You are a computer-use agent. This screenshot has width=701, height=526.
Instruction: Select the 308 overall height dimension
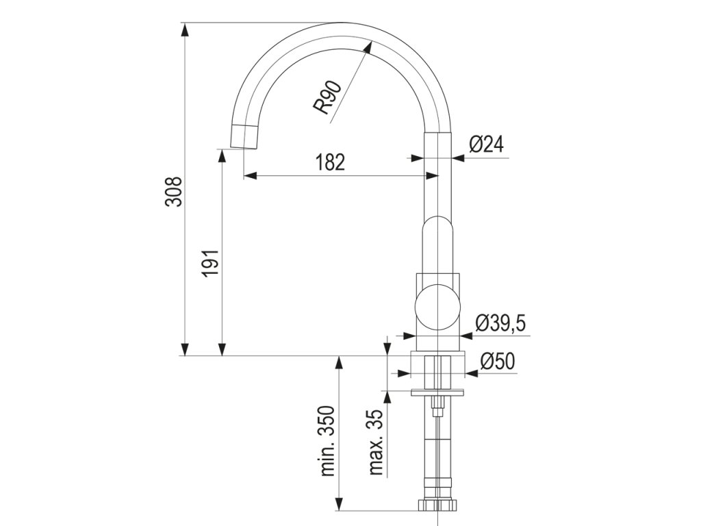click(x=174, y=192)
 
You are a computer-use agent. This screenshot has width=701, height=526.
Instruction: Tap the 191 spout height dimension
click(x=211, y=263)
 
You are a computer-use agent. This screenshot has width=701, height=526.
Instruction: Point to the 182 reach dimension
click(x=331, y=162)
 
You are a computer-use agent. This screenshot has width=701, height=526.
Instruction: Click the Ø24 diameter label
click(x=487, y=145)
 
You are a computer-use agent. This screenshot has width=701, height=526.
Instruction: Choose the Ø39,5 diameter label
click(x=500, y=323)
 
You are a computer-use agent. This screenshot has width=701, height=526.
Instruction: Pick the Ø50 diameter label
click(x=498, y=362)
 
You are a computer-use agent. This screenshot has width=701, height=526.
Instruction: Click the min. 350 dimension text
click(x=328, y=441)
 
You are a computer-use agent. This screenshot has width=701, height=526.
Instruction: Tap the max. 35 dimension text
click(x=377, y=442)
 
